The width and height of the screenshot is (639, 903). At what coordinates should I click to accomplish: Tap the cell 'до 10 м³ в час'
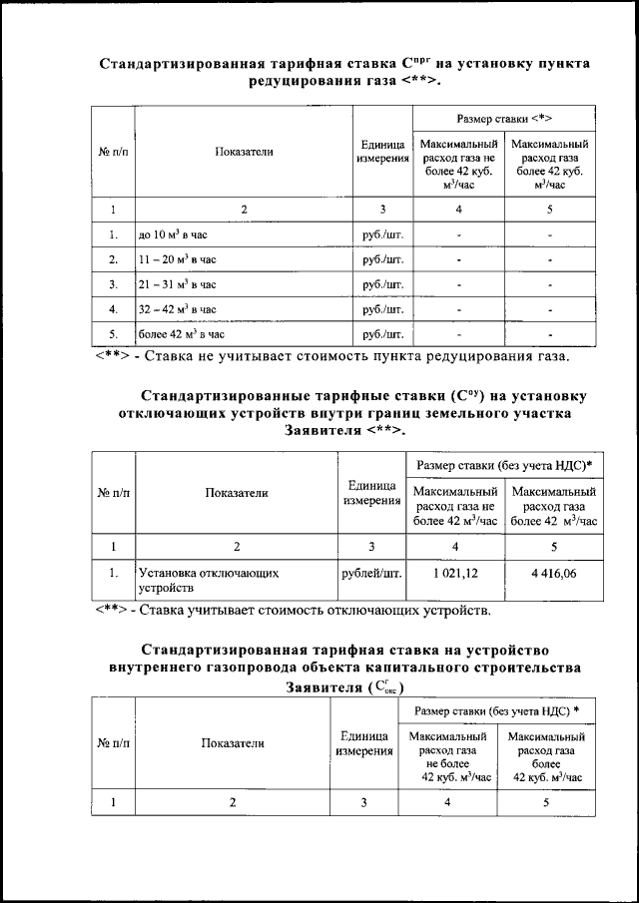(x=178, y=235)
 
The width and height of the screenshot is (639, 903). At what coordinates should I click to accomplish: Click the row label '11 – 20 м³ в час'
(x=177, y=259)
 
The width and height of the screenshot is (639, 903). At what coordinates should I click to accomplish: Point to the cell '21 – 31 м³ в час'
(x=177, y=284)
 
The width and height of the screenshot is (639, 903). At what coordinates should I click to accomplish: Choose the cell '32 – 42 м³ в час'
(x=177, y=309)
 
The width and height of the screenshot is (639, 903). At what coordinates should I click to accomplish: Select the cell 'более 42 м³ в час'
(x=181, y=333)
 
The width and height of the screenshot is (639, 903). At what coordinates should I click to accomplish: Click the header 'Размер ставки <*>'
(x=504, y=118)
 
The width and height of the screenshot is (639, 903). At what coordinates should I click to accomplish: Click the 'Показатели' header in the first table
(x=244, y=152)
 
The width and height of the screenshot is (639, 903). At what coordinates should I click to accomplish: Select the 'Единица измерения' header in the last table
(x=363, y=742)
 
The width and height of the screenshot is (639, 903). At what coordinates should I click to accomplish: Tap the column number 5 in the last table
(x=546, y=802)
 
